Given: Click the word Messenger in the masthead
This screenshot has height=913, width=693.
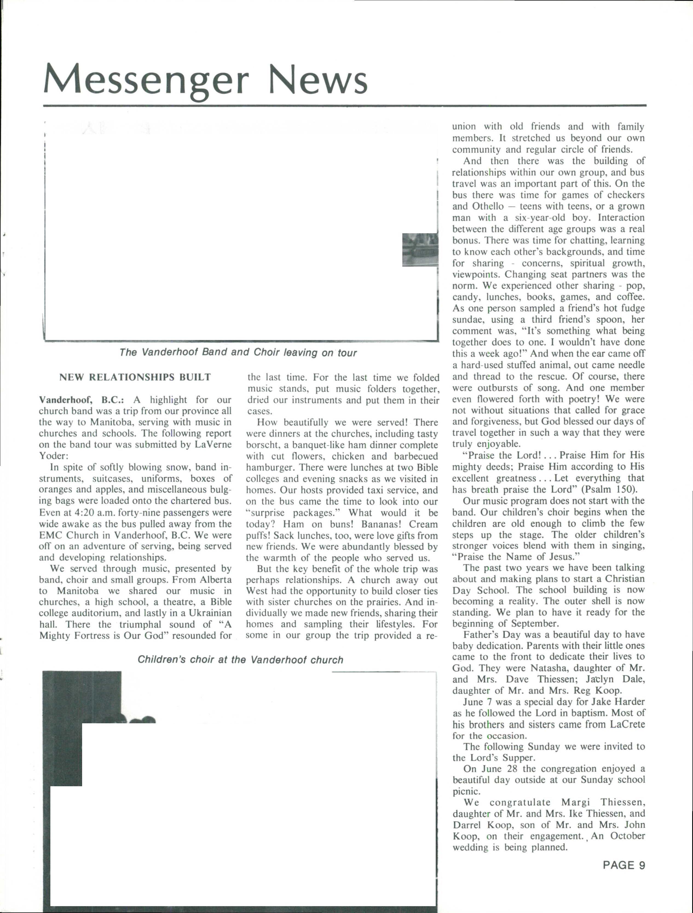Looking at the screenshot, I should coord(146,79).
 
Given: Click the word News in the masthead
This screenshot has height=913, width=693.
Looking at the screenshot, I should coord(317,79).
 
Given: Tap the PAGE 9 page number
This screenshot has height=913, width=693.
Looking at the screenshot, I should coord(624,865).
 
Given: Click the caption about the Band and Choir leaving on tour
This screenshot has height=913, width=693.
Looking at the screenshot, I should coord(238,353).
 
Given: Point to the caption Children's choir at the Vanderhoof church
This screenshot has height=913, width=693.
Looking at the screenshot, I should coord(240,659).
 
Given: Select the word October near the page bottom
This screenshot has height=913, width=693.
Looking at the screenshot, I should coord(627,836).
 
